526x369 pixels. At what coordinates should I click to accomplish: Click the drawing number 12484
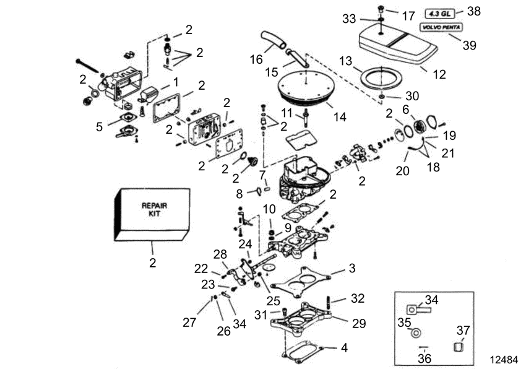point(504,360)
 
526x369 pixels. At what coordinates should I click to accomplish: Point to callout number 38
point(474,11)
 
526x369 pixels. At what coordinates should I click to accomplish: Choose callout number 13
point(345,61)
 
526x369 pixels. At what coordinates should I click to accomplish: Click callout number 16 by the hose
point(256,59)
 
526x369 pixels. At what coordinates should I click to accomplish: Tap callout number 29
point(360,323)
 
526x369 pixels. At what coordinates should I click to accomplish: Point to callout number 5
point(100,128)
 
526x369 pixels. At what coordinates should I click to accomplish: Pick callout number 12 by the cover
point(439,74)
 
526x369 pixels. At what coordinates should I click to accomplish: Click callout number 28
point(220,254)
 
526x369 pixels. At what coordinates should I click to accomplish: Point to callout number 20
point(403,170)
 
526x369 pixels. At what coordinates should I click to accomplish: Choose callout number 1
point(176,81)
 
